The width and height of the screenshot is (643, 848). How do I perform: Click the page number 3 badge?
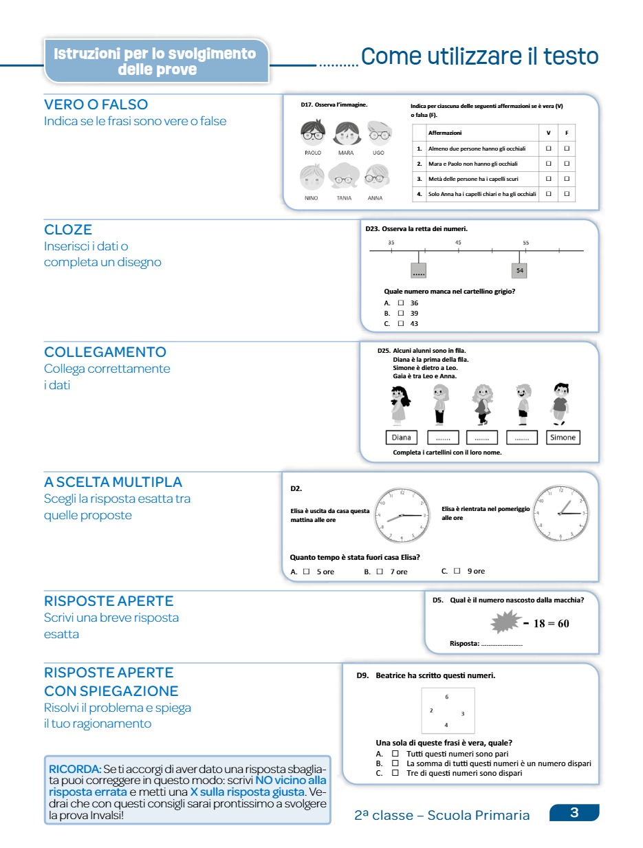click(574, 813)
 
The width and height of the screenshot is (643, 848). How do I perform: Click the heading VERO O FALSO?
click(96, 105)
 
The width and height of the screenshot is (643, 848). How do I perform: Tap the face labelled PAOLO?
click(313, 132)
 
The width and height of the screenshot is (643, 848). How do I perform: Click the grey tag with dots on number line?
click(418, 271)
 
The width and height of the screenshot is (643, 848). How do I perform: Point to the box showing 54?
click(520, 271)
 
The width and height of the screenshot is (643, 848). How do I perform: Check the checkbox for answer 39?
click(400, 313)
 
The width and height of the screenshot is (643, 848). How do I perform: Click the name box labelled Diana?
click(402, 437)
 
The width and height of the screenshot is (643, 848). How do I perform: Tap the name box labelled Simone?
click(563, 437)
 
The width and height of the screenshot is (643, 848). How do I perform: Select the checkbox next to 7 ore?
click(380, 571)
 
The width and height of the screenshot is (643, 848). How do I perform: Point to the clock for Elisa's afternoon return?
click(562, 513)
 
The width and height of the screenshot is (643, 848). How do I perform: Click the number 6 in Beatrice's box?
click(447, 697)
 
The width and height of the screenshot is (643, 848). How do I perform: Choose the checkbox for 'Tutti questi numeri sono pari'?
click(395, 754)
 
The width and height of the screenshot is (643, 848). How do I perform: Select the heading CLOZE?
click(68, 230)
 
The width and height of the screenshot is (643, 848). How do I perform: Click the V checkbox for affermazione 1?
click(548, 148)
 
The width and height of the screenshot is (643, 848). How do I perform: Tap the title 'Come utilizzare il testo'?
click(479, 57)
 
